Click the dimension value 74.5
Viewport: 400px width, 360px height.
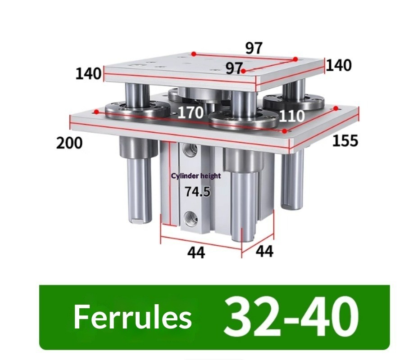[198, 192]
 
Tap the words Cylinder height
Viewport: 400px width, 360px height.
[196, 176]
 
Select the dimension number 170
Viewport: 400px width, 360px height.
[190, 112]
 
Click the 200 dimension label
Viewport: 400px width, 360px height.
[69, 143]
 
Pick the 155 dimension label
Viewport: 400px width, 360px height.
[345, 140]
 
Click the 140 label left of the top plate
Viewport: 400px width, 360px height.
[88, 73]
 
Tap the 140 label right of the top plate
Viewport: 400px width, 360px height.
[338, 66]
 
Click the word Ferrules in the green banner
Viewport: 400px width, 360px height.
[132, 317]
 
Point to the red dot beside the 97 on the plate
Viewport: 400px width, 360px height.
[243, 71]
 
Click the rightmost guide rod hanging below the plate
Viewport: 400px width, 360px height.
[292, 180]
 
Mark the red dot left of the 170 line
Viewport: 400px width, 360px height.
[96, 112]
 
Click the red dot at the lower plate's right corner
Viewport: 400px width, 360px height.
[336, 108]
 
